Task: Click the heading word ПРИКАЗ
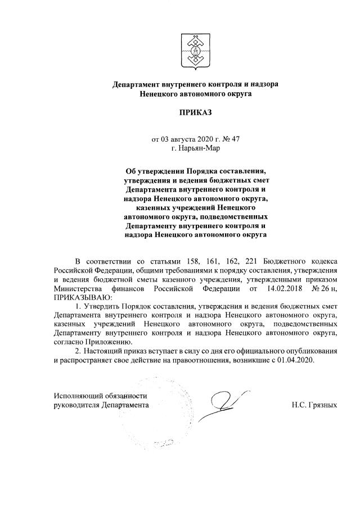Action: point(195,113)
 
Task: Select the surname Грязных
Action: point(322,405)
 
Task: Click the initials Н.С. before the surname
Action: point(300,405)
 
